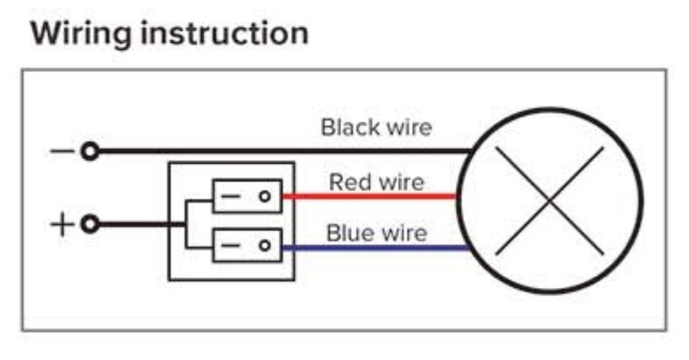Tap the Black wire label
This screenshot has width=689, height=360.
[x=376, y=127]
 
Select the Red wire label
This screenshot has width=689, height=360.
[x=376, y=182]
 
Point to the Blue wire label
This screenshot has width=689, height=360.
[x=376, y=233]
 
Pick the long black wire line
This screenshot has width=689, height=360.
[x=283, y=151]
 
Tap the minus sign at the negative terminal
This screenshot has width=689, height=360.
[x=62, y=151]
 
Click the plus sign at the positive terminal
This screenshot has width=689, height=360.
[x=62, y=224]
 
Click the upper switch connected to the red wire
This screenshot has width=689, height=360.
[x=247, y=196]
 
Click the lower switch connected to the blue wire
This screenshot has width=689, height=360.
[x=247, y=246]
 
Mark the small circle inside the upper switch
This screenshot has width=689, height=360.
[x=265, y=196]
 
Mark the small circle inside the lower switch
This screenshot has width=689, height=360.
[x=265, y=246]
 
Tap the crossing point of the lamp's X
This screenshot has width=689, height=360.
[x=550, y=201]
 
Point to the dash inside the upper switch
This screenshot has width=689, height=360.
[x=231, y=196]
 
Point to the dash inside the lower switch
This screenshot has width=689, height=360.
[x=231, y=246]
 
